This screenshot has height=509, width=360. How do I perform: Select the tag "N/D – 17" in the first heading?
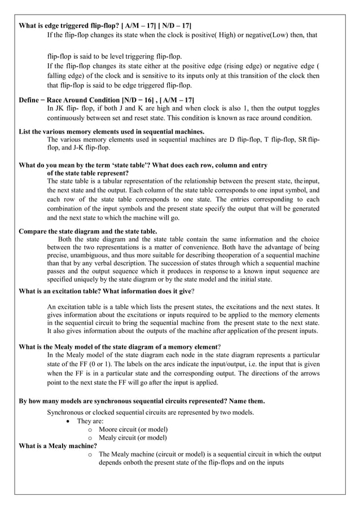click(174, 26)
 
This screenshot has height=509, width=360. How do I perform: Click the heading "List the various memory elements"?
click(112, 132)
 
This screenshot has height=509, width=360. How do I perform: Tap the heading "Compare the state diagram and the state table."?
click(88, 231)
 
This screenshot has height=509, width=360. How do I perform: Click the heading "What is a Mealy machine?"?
click(59, 446)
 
